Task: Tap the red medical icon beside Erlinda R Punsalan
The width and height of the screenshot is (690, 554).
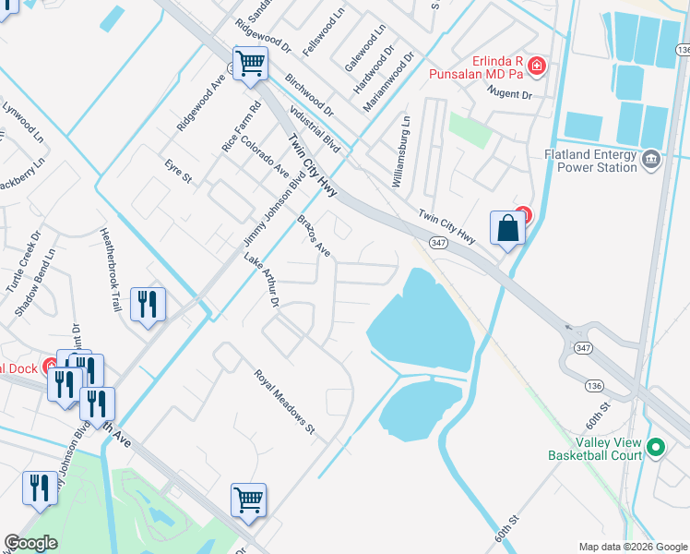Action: point(537,66)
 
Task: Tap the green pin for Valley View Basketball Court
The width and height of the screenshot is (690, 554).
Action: point(656,449)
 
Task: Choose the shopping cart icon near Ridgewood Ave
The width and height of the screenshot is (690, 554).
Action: point(250,64)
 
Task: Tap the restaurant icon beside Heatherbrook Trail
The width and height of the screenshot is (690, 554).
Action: point(148,304)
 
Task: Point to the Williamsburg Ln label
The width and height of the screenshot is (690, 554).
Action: point(400,151)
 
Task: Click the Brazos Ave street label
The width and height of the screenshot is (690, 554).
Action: point(314,235)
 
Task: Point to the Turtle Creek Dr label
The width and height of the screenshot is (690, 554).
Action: point(24,262)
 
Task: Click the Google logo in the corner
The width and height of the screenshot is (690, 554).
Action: point(31,543)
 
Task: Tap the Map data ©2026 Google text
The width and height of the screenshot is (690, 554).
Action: point(633,547)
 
